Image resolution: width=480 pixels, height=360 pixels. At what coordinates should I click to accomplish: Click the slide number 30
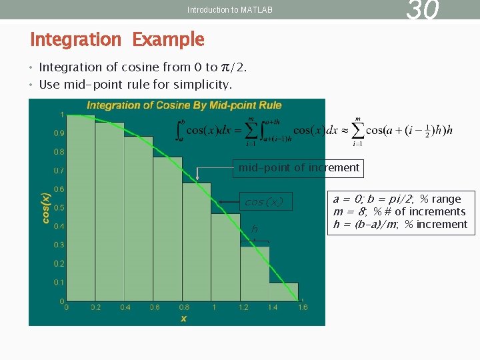[423, 9]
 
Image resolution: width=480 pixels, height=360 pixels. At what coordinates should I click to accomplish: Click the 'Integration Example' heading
[117, 39]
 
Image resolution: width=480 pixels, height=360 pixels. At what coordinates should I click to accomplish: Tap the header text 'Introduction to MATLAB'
[230, 10]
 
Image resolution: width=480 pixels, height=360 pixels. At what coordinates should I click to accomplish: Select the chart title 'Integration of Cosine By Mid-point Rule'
[184, 105]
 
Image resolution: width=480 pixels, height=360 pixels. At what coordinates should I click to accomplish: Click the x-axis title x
[183, 319]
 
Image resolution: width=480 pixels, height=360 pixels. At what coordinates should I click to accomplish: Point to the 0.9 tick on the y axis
[59, 133]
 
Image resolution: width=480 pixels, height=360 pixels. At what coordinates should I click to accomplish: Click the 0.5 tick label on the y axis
[59, 208]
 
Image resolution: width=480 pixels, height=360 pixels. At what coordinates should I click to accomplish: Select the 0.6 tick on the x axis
[154, 307]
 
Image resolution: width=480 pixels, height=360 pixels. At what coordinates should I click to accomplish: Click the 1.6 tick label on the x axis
[302, 307]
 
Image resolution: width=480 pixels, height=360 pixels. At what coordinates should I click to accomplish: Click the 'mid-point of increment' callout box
[299, 168]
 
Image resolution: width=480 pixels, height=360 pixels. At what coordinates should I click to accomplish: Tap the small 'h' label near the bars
[254, 230]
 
